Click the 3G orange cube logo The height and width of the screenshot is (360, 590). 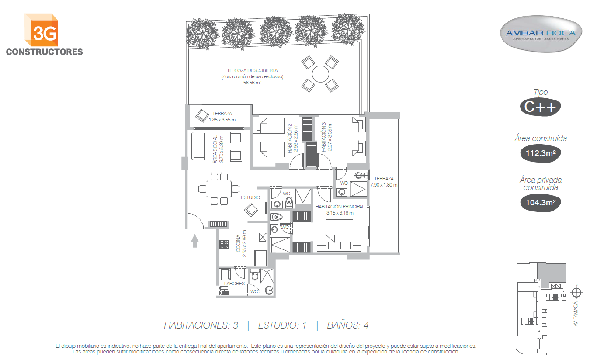(x=41, y=30)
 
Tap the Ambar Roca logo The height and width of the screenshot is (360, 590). (x=541, y=34)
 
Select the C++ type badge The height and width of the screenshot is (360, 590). (x=540, y=107)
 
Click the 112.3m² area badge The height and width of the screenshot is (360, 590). (x=541, y=153)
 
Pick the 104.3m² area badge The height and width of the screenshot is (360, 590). (x=541, y=202)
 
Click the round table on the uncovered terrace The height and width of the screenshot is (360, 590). (x=320, y=74)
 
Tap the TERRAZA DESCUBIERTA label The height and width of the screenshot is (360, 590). (x=252, y=70)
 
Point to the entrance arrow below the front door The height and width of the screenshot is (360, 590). (x=194, y=241)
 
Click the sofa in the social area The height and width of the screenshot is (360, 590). (x=198, y=146)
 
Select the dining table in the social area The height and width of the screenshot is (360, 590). (x=219, y=189)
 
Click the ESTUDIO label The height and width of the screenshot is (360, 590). (x=250, y=197)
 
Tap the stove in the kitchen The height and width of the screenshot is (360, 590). (x=224, y=244)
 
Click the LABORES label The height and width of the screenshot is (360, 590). (x=234, y=284)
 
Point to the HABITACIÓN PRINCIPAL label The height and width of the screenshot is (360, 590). (x=340, y=207)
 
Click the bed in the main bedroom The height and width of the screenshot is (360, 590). (x=339, y=234)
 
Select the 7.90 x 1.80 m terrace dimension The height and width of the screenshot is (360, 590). (x=384, y=185)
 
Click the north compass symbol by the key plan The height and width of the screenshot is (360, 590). (x=576, y=292)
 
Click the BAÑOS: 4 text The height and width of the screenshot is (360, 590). (x=348, y=325)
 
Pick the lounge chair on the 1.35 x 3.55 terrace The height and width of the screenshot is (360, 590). (x=202, y=116)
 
